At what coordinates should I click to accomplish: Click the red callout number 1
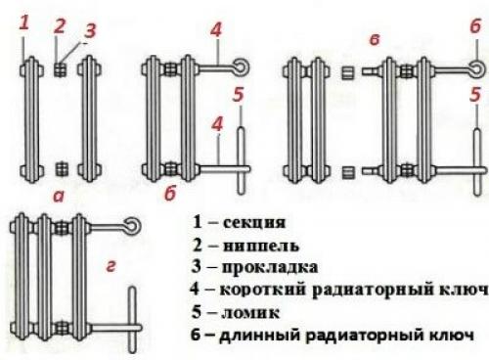coord(24,23)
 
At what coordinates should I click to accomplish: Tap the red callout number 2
coord(60,26)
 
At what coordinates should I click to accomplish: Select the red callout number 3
coord(89,30)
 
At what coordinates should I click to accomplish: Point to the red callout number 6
coord(475,25)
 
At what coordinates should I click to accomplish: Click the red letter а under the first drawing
coord(59,197)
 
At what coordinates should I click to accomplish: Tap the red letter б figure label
coord(170,193)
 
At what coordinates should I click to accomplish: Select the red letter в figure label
coord(375,40)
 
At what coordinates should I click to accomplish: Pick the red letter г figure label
coord(111,266)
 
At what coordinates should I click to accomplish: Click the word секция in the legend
coord(254,223)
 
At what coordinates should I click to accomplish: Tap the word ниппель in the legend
coord(261,246)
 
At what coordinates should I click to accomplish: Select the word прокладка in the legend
coord(270,267)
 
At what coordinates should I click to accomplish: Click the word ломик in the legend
coord(250,313)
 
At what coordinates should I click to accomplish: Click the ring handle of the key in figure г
coord(133,226)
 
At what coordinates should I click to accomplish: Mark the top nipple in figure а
coord(61,69)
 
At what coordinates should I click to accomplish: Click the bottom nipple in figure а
coord(62,168)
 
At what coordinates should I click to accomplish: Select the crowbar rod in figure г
coord(132,320)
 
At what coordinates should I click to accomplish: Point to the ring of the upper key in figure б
coord(241,67)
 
